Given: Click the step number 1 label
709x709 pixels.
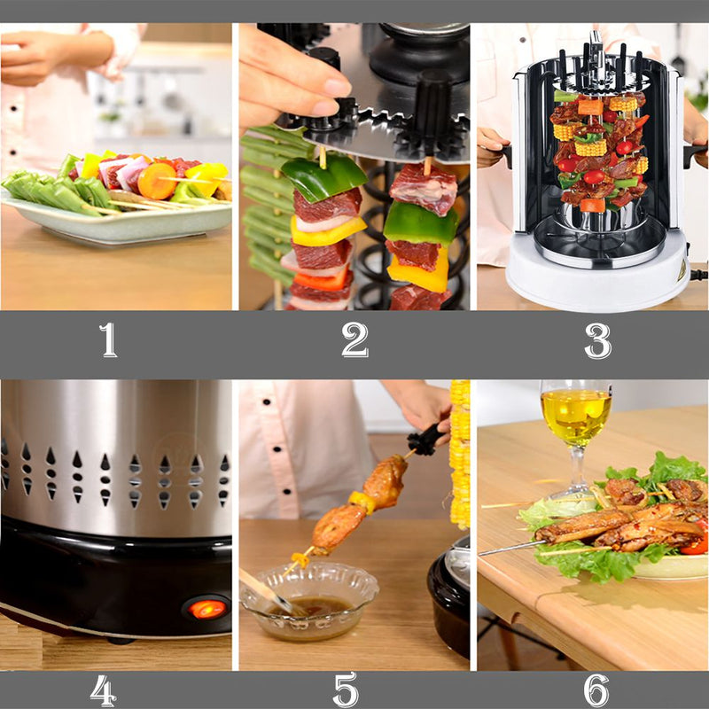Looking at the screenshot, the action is [108, 340].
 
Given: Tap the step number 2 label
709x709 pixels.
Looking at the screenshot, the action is [355, 340].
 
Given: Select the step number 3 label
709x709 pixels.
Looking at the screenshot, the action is [597, 340].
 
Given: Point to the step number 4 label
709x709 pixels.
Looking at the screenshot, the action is [103, 690].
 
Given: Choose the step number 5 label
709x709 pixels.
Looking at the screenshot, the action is [346, 690].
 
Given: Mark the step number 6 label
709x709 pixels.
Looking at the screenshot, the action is [596, 690].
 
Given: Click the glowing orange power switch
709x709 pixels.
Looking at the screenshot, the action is [207, 609].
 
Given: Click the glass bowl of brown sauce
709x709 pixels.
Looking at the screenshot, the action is [309, 600].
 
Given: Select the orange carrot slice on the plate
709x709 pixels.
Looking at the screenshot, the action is [157, 181].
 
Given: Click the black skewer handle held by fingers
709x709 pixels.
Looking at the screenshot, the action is [425, 439].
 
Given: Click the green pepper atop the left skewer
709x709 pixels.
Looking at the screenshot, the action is [323, 177].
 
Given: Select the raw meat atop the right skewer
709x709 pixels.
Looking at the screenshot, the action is [424, 188].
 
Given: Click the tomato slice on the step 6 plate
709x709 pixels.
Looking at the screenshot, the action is [696, 541].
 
